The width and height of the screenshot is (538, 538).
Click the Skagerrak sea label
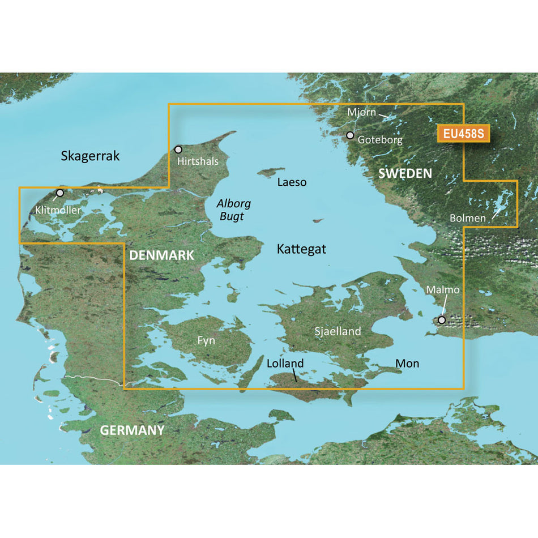pos(90,156)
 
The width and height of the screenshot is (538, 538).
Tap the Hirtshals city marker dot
pos(178,150)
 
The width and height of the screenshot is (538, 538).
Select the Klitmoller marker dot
pos(60,193)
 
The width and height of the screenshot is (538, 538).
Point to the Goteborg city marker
pos(350,135)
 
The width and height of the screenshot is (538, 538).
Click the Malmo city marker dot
pos(442,320)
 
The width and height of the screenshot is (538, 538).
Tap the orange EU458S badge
pos(463,134)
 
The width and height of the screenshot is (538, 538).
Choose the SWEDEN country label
pos(405,173)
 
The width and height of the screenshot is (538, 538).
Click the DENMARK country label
pos(161,255)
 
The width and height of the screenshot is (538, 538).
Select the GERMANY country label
pos(132,430)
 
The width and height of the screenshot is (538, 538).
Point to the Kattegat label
pos(301,249)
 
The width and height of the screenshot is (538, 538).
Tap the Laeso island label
pos(292,182)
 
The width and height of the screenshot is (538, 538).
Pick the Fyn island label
pos(206,341)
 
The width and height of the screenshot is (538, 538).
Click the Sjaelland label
pos(338,331)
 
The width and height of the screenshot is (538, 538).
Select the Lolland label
pos(285,364)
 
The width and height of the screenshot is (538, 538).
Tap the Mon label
pos(407,363)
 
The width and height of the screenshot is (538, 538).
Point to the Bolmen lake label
pos(467,217)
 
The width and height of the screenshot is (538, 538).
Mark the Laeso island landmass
pos(270,172)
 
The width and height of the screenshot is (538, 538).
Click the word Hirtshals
pos(198,161)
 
